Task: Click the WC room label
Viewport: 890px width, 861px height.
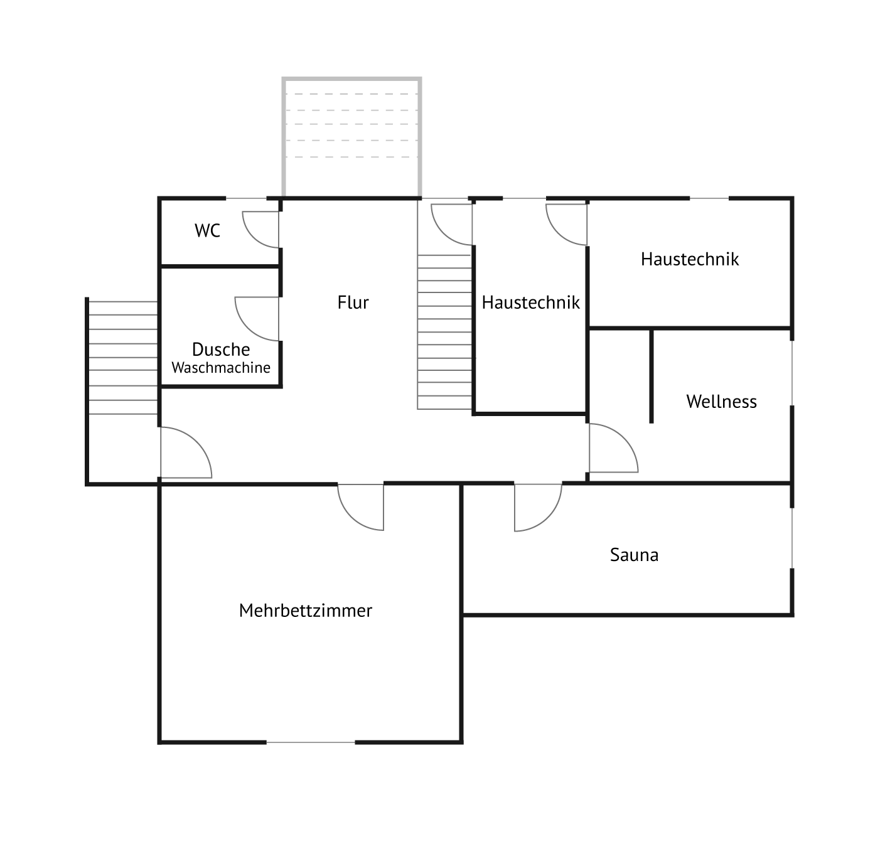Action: tap(207, 230)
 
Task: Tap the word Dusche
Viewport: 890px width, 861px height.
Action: tap(221, 350)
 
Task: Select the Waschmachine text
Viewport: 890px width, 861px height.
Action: tap(221, 368)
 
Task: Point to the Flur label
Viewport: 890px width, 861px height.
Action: tap(353, 302)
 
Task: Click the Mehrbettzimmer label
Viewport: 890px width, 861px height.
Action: tap(306, 611)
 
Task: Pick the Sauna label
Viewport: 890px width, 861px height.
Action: tap(634, 555)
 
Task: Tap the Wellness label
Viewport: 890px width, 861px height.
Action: tap(721, 402)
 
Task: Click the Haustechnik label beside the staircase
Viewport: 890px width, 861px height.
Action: tap(530, 302)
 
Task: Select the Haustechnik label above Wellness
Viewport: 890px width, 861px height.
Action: tap(690, 259)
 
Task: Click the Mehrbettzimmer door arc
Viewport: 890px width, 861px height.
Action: tap(351, 517)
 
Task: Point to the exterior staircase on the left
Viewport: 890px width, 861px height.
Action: tap(122, 358)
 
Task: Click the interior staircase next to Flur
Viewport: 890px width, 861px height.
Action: tap(444, 331)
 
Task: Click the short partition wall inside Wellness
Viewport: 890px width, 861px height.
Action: tap(651, 376)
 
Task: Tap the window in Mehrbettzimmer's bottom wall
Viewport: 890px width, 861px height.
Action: tap(311, 742)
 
